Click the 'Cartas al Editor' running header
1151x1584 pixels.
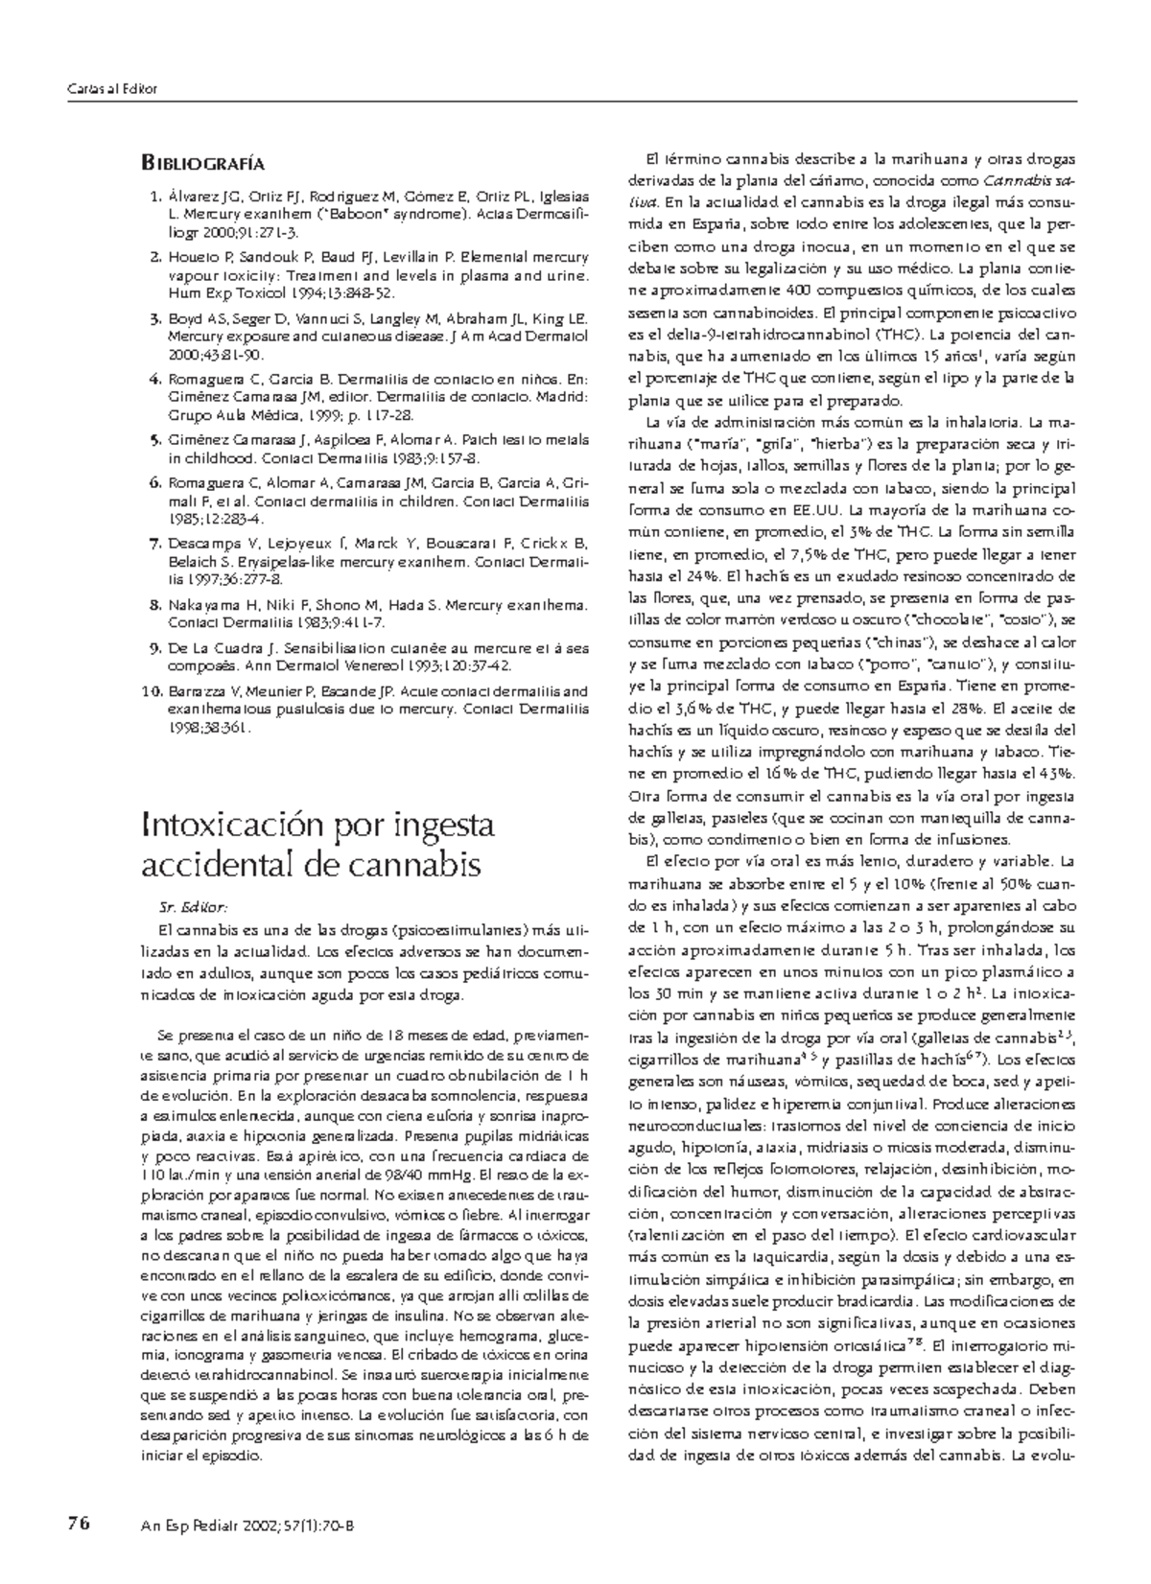tap(111, 89)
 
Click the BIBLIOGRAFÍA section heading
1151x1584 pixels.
tap(202, 164)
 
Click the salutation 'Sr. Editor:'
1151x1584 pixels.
tap(192, 907)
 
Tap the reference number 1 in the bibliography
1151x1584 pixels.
tap(154, 198)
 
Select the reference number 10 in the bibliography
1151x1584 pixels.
tap(150, 690)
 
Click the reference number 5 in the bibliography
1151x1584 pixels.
tap(154, 440)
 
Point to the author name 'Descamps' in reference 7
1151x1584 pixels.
tap(200, 544)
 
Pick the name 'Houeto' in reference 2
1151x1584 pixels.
tap(192, 258)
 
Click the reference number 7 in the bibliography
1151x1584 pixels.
tap(154, 544)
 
